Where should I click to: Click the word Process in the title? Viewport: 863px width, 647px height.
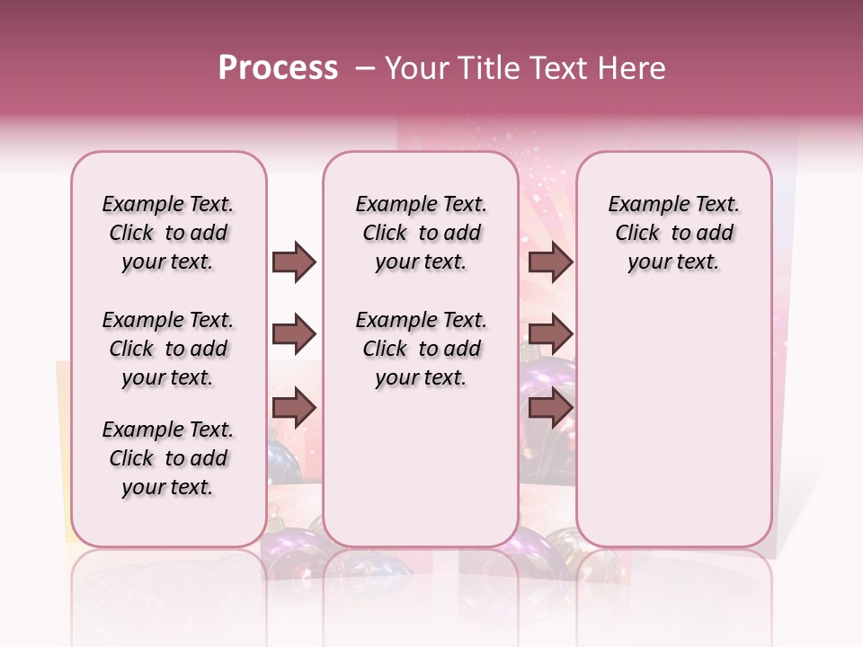click(x=278, y=68)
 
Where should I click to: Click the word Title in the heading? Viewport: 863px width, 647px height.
click(x=481, y=68)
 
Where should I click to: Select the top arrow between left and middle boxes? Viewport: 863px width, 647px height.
click(x=294, y=262)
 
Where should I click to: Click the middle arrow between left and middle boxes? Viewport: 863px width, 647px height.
click(x=294, y=335)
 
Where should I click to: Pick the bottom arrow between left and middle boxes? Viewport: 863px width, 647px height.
click(x=294, y=408)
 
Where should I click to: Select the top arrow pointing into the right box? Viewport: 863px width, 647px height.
click(x=551, y=262)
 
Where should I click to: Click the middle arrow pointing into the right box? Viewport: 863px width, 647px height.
click(x=551, y=335)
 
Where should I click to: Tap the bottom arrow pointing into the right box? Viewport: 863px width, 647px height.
click(x=551, y=408)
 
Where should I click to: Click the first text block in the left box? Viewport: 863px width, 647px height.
click(x=168, y=233)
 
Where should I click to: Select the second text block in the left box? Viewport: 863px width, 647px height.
click(x=168, y=349)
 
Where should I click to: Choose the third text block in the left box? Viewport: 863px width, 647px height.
click(x=168, y=458)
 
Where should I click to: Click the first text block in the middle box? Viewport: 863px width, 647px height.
click(x=421, y=233)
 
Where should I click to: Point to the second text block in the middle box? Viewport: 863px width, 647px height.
click(x=421, y=349)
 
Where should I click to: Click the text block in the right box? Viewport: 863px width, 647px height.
click(x=673, y=233)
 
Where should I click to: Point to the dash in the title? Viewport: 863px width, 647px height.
click(x=365, y=68)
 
